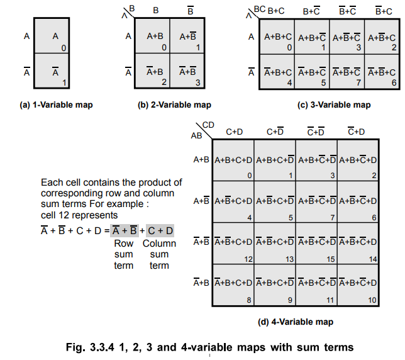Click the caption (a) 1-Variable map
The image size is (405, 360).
(x=56, y=104)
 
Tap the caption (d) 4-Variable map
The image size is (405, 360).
(x=296, y=322)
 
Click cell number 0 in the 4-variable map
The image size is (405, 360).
(x=233, y=160)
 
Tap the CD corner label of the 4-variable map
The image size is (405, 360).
(x=208, y=126)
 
